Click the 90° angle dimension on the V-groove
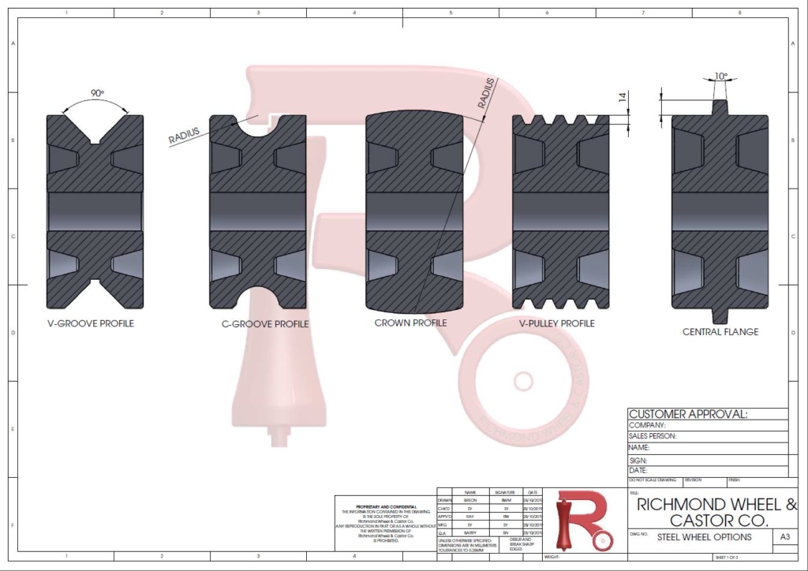97,93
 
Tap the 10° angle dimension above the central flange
720,77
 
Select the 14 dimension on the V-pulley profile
623,98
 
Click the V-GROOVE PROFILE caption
90,323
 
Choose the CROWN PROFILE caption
410,323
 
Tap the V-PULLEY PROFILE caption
557,323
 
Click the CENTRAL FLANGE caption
720,332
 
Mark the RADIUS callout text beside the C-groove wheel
184,136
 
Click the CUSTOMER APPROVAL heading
687,414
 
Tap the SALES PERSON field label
652,435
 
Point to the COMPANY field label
647,425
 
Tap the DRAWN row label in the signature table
443,500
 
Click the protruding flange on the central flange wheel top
719,106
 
